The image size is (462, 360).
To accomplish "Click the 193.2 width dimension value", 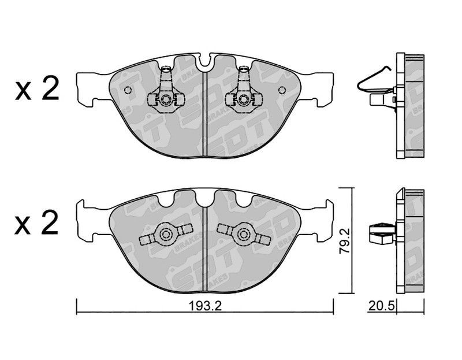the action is pyautogui.click(x=205, y=307).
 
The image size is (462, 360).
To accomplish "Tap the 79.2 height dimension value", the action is pyautogui.click(x=345, y=240).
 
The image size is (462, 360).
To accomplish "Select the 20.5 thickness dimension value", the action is pyautogui.click(x=381, y=306).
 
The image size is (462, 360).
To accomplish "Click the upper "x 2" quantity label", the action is pyautogui.click(x=37, y=88).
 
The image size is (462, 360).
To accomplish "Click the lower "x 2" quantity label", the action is pyautogui.click(x=36, y=223).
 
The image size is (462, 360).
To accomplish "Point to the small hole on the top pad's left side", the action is pyautogui.click(x=128, y=90).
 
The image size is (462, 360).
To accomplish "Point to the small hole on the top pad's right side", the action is pyautogui.click(x=282, y=90).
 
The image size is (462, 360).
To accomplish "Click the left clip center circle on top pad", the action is pyautogui.click(x=166, y=99).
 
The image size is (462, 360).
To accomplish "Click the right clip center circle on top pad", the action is pyautogui.click(x=244, y=99).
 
